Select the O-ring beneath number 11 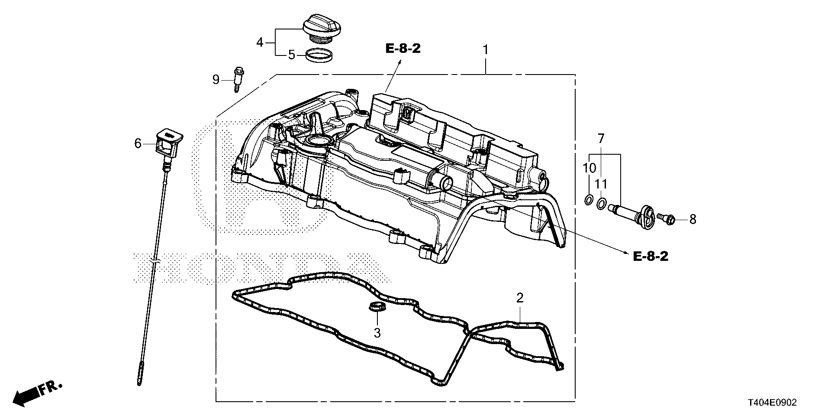pos(601,203)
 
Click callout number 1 pos(486,50)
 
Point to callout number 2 pos(520,298)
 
